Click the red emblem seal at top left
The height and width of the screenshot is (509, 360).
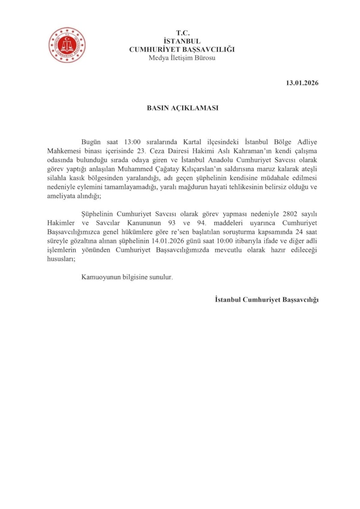[x=67, y=45]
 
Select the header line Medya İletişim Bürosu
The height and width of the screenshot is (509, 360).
[x=182, y=58]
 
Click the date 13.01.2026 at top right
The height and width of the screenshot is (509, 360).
[x=302, y=83]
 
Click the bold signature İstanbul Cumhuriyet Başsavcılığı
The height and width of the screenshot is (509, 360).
[x=266, y=299]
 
